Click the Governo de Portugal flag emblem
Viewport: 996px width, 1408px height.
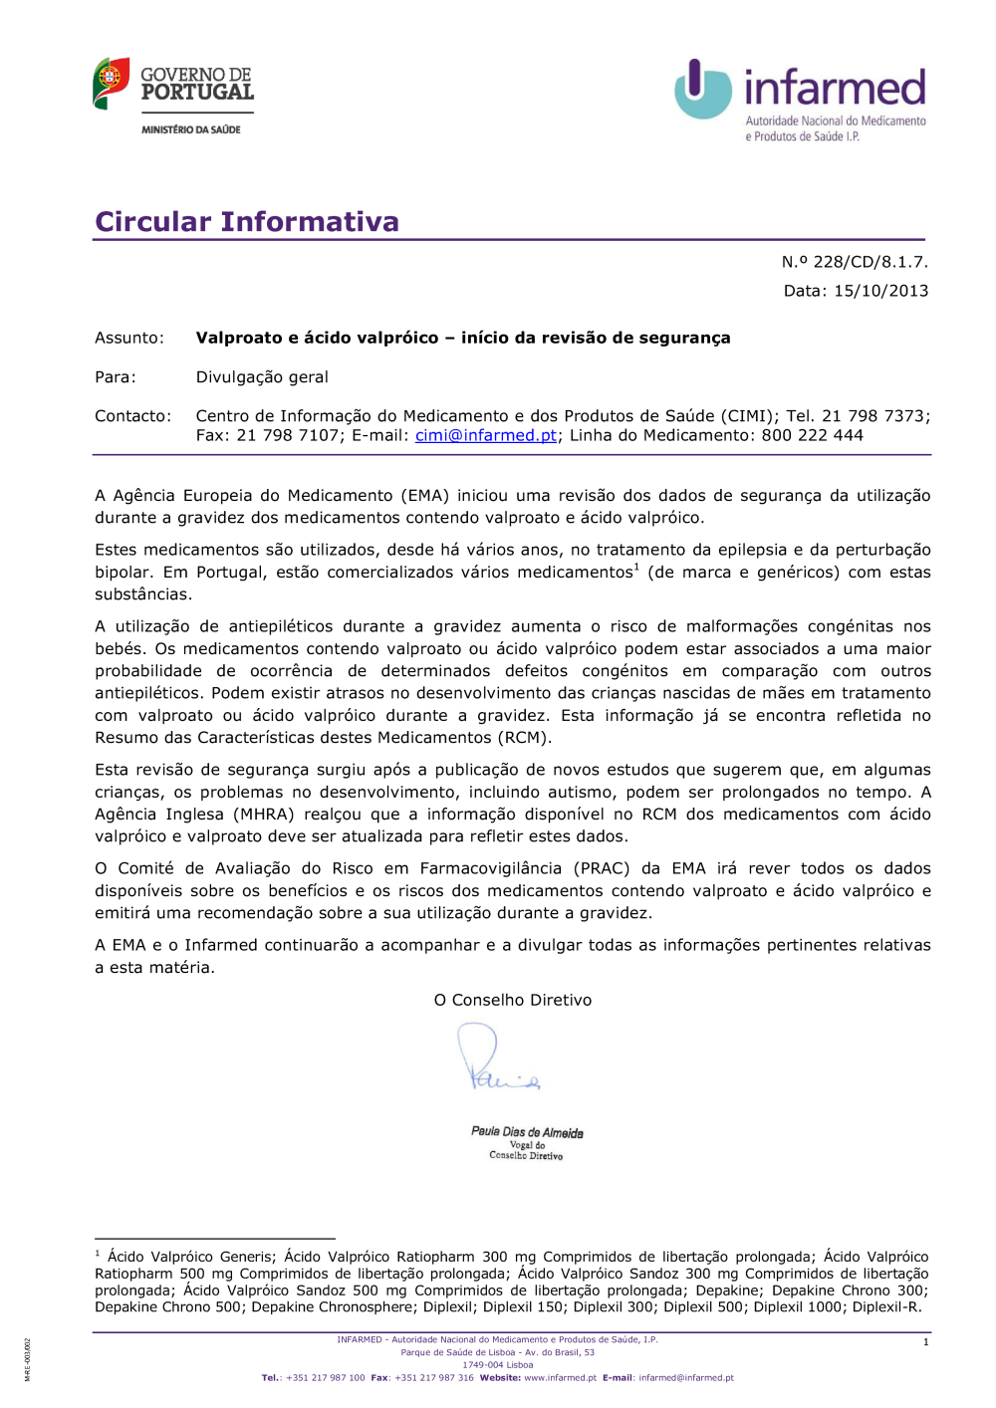point(111,83)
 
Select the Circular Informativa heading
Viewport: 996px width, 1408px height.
point(247,221)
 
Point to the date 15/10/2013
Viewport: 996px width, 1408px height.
point(880,291)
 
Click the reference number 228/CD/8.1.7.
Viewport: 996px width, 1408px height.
point(870,262)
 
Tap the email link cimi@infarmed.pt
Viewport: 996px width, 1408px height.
point(485,435)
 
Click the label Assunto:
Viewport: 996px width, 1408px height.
point(129,338)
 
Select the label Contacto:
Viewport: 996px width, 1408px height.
point(132,416)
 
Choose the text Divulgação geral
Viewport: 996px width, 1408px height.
point(262,377)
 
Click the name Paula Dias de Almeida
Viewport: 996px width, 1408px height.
point(527,1132)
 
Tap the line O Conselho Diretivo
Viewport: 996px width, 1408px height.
point(512,1000)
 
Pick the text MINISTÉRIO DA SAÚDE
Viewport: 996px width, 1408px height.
point(190,129)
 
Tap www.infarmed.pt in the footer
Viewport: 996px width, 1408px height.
point(560,1378)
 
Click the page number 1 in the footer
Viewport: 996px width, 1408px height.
point(925,1342)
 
